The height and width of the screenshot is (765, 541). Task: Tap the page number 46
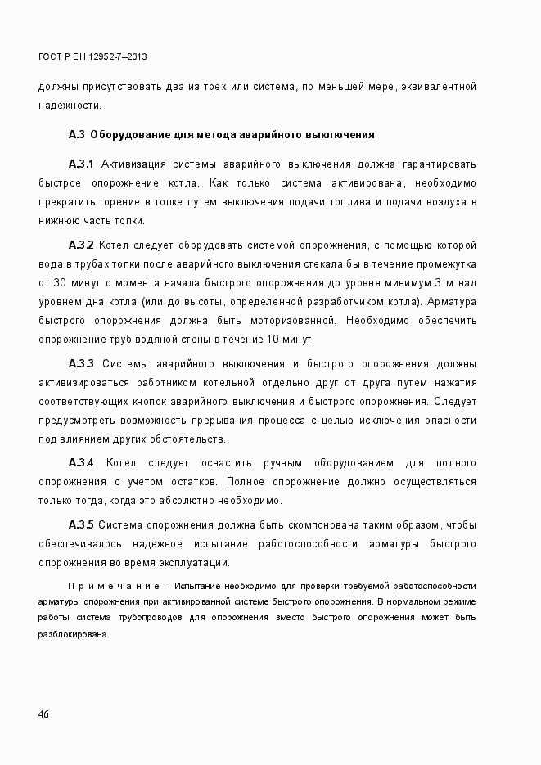tap(43, 713)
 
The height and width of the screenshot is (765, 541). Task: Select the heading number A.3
tap(76, 133)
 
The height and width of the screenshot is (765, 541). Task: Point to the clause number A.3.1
tap(82, 164)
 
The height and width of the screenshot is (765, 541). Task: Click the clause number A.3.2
tap(82, 245)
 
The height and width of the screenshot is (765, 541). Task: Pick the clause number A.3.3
tap(82, 363)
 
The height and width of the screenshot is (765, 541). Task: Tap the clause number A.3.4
tap(82, 462)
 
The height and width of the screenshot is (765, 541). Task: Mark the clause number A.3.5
tap(82, 524)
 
